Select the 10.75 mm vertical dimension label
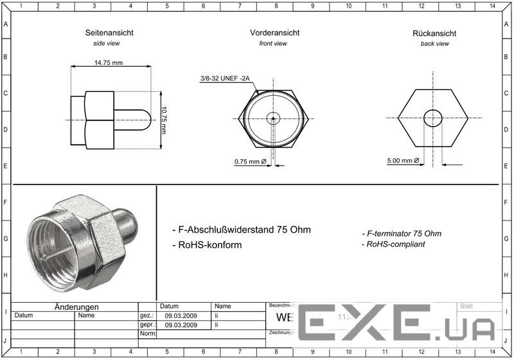pos(164,119)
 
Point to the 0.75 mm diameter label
pos(249,161)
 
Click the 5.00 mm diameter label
pos(403,161)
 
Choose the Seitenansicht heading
pos(103,32)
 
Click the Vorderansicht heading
pos(274,32)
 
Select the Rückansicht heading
pos(434,33)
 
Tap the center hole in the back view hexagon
pos(433,118)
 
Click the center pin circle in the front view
pos(273,118)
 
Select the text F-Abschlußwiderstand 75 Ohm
pos(242,230)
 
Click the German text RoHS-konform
pos(208,245)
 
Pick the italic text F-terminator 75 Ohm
pos(402,233)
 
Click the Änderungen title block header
pos(76,307)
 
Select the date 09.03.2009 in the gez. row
pos(181,316)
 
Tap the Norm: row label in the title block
pos(148,334)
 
